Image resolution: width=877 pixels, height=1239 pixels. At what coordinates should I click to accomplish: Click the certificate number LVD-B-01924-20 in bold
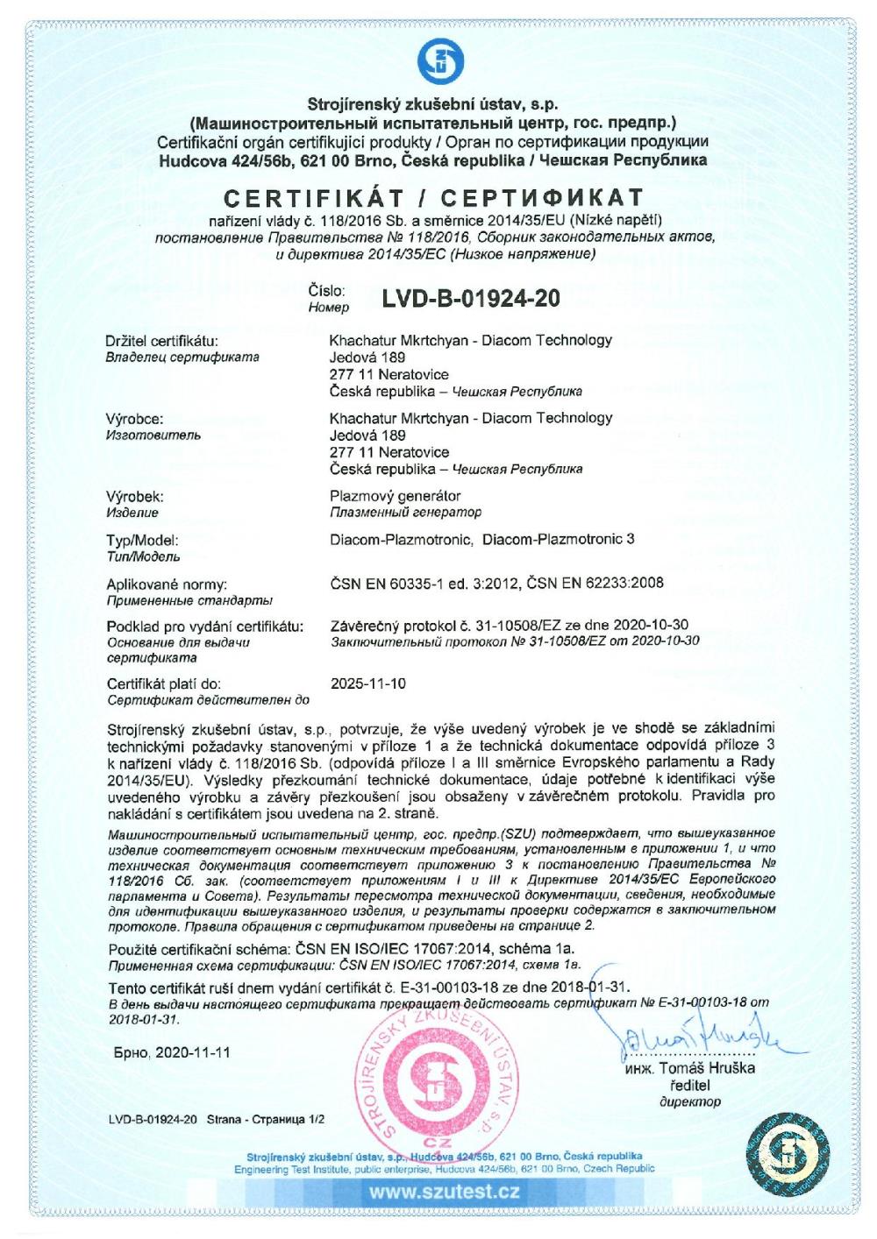click(471, 299)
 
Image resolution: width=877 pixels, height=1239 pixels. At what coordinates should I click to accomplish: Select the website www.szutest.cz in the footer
click(444, 1192)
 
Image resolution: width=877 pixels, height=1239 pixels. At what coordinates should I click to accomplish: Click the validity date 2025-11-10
click(368, 683)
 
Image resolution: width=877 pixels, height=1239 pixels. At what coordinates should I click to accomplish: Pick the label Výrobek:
click(135, 497)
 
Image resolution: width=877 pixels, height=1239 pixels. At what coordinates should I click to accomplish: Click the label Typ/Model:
click(143, 540)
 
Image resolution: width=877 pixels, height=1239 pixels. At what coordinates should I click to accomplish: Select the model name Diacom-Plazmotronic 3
click(559, 540)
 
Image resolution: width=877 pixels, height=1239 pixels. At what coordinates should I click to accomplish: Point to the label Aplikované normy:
click(167, 584)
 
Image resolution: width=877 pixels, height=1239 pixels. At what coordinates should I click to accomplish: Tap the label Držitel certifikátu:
click(162, 341)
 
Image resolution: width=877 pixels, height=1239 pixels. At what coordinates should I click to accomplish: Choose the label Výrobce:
click(134, 419)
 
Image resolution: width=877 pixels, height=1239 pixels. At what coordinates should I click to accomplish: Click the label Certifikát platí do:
click(164, 683)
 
